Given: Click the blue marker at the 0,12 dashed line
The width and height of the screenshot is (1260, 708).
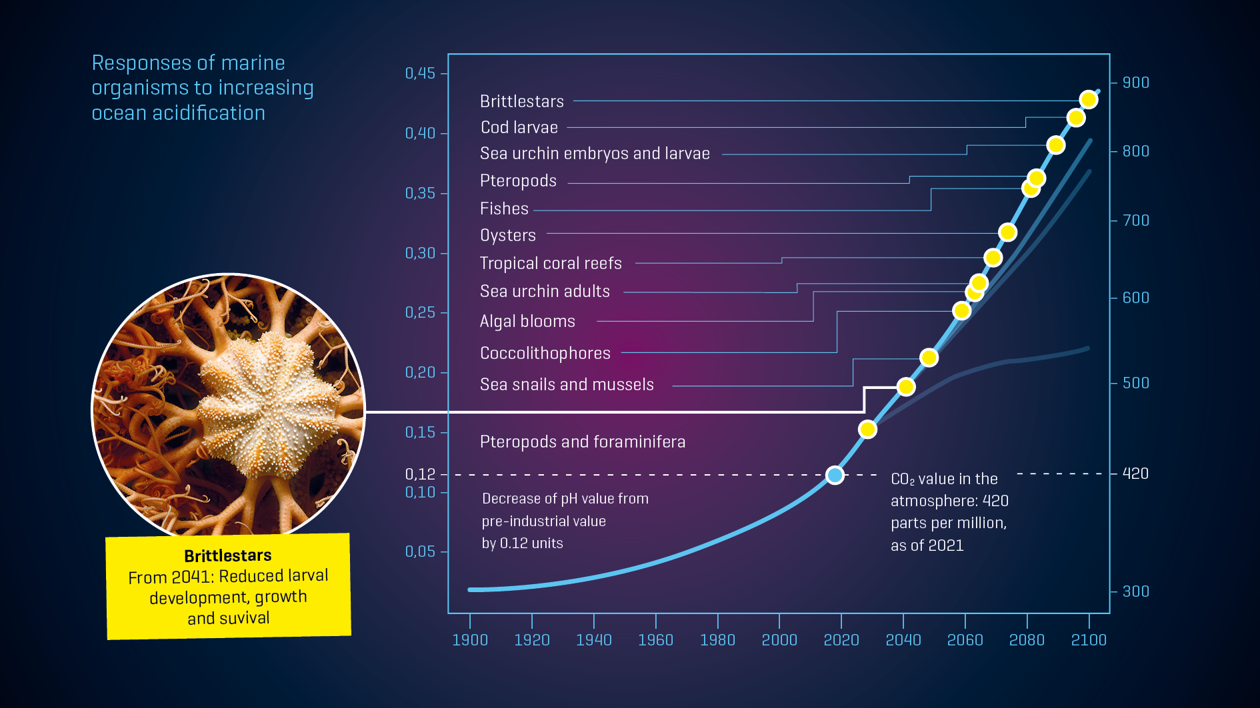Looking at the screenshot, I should tap(835, 475).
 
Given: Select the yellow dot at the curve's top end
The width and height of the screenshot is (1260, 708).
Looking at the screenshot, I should tap(1089, 100).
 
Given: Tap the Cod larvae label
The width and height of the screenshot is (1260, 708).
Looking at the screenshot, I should tap(519, 127).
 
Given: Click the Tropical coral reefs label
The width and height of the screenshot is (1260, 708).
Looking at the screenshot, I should tap(551, 263).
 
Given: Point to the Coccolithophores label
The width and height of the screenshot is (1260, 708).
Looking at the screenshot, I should tap(545, 353).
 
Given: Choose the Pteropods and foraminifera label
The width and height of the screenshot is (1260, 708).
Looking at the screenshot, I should tap(582, 442).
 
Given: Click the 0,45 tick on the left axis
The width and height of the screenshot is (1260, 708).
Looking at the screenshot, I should tap(420, 73).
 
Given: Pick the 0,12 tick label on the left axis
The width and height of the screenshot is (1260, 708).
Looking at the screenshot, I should tap(420, 474).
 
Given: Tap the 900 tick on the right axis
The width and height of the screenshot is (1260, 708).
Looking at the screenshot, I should tap(1135, 83).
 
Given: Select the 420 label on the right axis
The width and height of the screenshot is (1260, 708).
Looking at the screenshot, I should tap(1135, 474).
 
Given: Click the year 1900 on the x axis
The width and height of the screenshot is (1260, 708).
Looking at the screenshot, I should tap(470, 640).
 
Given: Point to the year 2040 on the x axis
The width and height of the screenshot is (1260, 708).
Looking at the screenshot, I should tap(903, 640).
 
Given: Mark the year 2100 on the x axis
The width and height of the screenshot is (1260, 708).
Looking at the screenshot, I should tap(1088, 640).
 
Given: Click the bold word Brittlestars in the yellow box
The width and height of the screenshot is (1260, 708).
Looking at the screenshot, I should tap(228, 555).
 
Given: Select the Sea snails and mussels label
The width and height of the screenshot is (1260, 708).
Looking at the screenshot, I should tap(567, 384).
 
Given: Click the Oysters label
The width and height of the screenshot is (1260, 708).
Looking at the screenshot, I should tap(507, 235).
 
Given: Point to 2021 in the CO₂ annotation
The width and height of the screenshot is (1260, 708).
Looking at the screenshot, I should tap(945, 545).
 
